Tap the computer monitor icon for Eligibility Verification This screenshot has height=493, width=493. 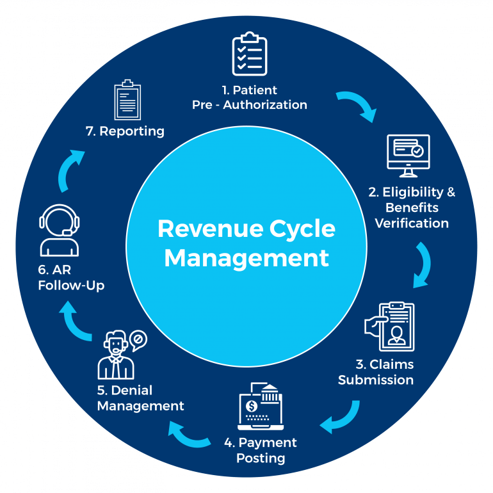click(408, 156)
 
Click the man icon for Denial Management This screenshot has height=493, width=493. click(117, 356)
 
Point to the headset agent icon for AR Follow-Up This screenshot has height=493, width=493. click(59, 230)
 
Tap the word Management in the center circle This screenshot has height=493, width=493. click(247, 258)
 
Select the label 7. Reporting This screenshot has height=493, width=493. click(125, 131)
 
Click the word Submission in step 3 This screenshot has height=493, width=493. click(376, 380)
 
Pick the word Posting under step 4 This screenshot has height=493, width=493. click(261, 458)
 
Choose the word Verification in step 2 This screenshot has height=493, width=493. click(412, 223)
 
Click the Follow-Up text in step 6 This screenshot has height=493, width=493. click(70, 286)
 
